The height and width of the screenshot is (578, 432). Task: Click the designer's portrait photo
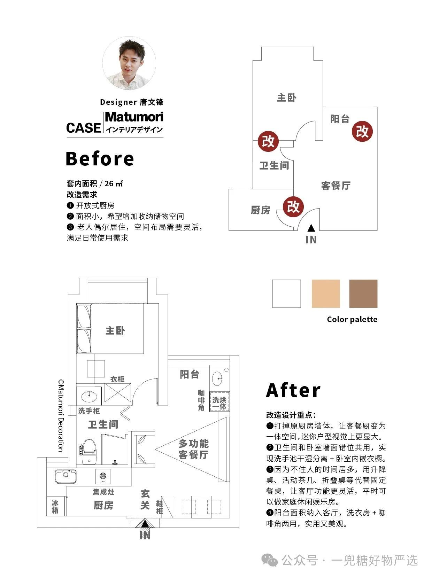tap(129, 63)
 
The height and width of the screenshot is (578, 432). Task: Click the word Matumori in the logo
tap(134, 117)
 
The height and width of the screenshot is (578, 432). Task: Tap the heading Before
tap(100, 158)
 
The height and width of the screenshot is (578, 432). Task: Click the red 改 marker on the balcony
tap(362, 131)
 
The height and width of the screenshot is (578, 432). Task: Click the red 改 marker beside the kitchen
tap(293, 206)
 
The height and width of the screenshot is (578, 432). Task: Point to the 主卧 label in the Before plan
tap(287, 98)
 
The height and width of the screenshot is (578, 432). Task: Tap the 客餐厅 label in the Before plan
tap(335, 185)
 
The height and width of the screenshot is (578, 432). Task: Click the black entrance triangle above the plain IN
tap(311, 228)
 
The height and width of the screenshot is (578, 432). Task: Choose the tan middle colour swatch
tap(326, 294)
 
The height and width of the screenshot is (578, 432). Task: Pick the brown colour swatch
tap(363, 294)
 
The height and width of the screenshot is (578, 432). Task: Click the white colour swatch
tap(287, 294)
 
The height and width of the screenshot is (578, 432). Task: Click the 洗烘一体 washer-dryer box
tap(219, 401)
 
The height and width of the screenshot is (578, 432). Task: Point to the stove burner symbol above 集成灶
tap(103, 476)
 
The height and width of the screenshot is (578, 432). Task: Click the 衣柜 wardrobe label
tap(117, 379)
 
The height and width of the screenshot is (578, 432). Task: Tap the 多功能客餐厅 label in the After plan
tap(194, 449)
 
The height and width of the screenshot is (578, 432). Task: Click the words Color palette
tap(352, 319)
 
